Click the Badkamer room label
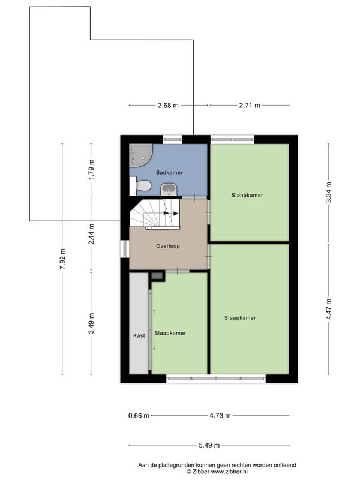point(169,173)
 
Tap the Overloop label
point(168,246)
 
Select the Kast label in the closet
point(139,336)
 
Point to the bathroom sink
point(169,190)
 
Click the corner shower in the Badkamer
point(140,156)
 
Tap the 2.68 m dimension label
point(168,106)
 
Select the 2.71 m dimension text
point(250,106)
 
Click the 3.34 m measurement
point(328,192)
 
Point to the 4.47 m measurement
point(328,309)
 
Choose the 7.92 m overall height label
point(62,259)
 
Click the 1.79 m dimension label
point(91,170)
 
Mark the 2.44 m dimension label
point(91,234)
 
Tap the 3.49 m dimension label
point(91,323)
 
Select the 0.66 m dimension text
point(139,416)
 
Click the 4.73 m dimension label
point(220,416)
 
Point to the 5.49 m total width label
point(209,445)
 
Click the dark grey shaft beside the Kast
point(157,275)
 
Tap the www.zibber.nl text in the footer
point(229,472)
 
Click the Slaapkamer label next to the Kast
point(170,334)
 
